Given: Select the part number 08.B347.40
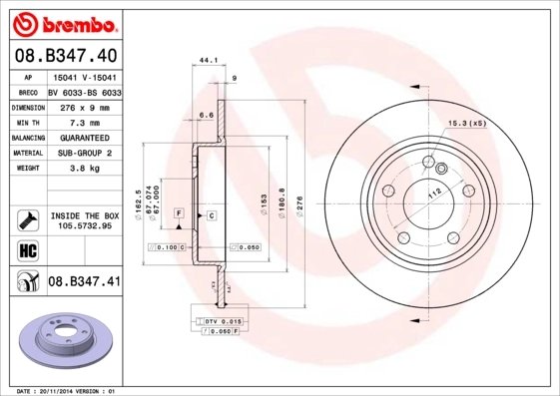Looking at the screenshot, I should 67,56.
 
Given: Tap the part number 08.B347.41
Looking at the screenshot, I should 85,282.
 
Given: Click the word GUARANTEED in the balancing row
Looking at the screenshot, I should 84,137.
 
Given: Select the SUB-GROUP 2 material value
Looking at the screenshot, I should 84,153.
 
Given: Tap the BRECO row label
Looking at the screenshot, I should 29,91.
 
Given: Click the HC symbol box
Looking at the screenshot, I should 28,250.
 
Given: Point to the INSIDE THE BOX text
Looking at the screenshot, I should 85,214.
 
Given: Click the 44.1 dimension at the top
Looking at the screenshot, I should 209,61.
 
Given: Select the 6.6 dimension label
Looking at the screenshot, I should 207,116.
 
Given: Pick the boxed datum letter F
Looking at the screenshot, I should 178,214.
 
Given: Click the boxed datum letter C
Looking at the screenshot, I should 212,214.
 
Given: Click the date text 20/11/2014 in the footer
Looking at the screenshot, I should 64,391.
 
